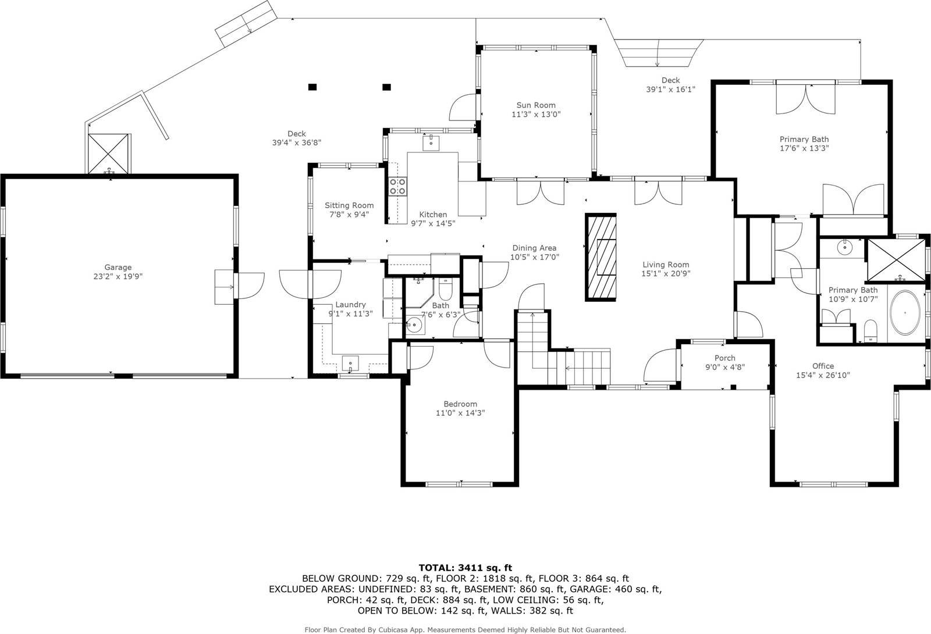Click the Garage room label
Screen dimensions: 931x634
tap(118, 267)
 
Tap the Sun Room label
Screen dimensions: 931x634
tap(536, 105)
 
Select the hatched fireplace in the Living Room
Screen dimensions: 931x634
tap(600, 257)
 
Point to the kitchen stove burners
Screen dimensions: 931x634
tap(397, 186)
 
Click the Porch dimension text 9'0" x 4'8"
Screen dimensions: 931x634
tap(725, 367)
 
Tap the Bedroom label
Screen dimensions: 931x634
tap(460, 404)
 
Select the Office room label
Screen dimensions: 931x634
tap(823, 366)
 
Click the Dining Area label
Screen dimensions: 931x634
tap(534, 248)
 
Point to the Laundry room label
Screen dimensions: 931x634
tap(350, 305)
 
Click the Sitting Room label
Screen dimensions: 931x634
tap(349, 205)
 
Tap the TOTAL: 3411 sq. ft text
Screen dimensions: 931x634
tap(465, 568)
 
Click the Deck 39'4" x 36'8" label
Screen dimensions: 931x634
tap(297, 138)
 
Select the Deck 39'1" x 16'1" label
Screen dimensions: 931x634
tap(670, 84)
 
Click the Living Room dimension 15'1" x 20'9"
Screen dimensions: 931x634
tap(666, 273)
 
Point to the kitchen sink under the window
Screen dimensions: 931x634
tap(431, 143)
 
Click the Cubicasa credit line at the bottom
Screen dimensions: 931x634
tap(465, 630)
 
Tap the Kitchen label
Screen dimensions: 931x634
tap(433, 215)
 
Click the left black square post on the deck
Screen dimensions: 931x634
tap(312, 87)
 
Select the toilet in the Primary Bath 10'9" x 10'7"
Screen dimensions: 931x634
tap(870, 330)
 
